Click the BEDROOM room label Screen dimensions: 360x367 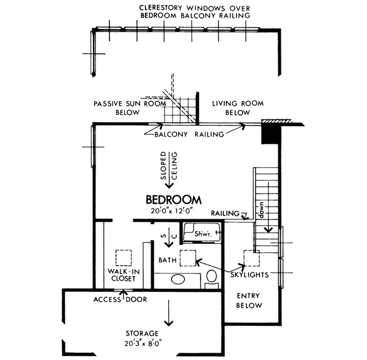pos(174,200)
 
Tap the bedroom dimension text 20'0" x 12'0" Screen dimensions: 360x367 pos(174,211)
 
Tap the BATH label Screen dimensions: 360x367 pos(168,261)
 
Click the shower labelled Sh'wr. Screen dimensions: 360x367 pos(202,234)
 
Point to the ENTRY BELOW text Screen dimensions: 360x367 pos(250,300)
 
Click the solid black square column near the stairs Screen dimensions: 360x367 pos(269,133)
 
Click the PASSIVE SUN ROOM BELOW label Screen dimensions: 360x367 pos(130,108)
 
